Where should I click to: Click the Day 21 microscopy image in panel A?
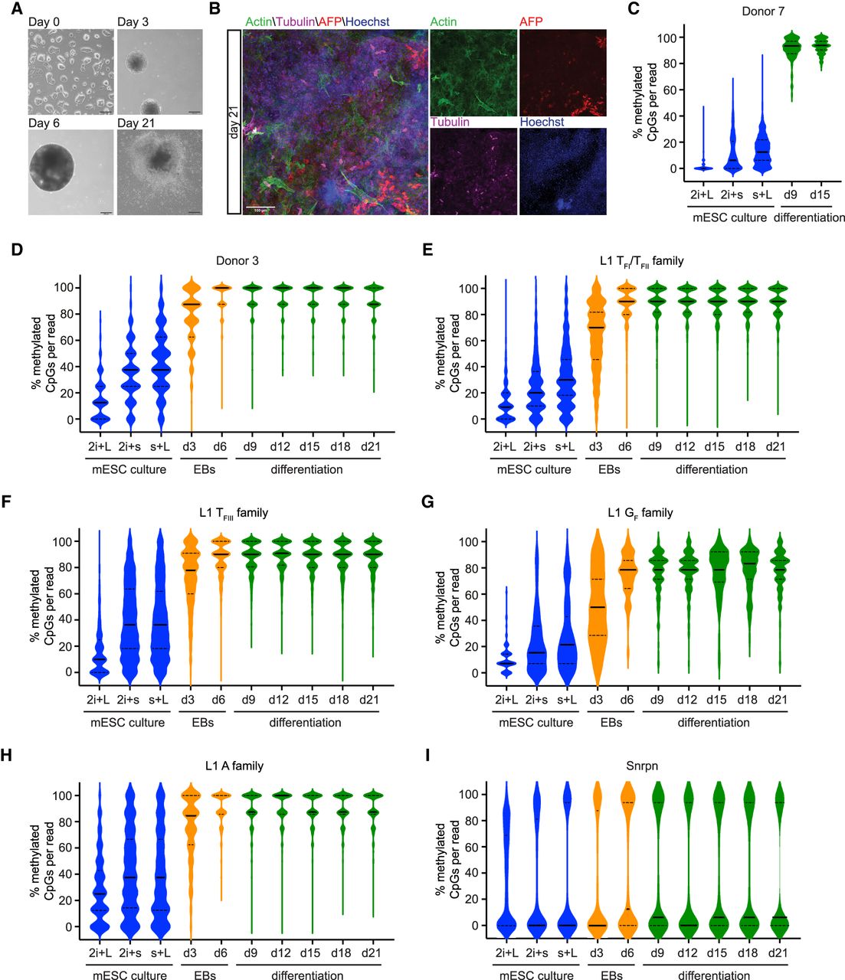point(159,171)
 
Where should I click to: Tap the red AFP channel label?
point(531,22)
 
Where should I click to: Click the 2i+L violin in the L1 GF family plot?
point(505,658)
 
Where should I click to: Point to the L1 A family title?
point(237,766)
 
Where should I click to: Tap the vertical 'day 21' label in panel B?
point(234,122)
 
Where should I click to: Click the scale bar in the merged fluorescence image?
point(259,207)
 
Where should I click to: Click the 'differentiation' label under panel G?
point(712,722)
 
